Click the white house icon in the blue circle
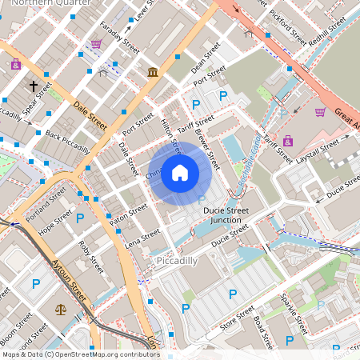tap(180, 172)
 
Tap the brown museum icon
tap(152, 73)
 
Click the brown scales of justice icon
tap(62, 308)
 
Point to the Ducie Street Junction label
tap(233, 214)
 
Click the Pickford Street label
tap(287, 27)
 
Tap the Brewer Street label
tap(206, 148)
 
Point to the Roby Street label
tap(91, 258)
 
